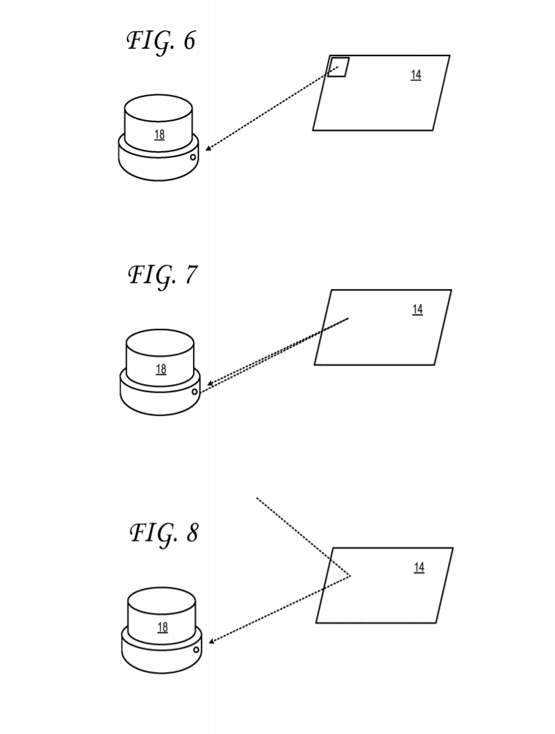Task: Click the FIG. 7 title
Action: point(163,275)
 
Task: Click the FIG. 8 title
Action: point(163,533)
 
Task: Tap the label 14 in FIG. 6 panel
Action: point(416,75)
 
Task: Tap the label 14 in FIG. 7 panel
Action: point(418,310)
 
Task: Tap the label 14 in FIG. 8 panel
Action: point(419,568)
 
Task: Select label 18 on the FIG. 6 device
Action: point(159,135)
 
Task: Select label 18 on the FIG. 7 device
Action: point(161,369)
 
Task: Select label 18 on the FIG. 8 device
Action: point(162,627)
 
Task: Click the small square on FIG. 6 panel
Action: point(338,67)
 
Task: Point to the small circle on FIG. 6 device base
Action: point(193,157)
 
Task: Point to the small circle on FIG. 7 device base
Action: point(194,391)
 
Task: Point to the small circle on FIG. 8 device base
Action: point(196,650)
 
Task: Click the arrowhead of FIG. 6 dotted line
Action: point(207,149)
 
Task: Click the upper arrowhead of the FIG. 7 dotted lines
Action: point(209,383)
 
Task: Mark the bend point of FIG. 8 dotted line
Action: point(350,576)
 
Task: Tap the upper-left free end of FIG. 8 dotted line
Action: point(257,498)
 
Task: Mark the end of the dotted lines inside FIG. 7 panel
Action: point(348,319)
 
